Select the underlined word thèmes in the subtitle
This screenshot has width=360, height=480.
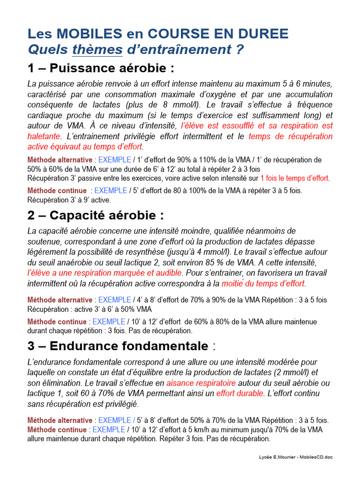click(x=97, y=49)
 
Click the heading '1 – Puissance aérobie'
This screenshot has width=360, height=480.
click(x=101, y=68)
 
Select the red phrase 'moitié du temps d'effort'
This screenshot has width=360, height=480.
click(x=263, y=284)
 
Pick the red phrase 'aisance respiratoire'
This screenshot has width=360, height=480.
click(x=201, y=383)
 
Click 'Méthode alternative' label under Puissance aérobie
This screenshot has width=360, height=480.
click(x=60, y=160)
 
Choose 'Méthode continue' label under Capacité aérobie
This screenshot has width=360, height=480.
click(x=57, y=322)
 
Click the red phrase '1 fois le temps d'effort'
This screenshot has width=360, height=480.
click(x=294, y=178)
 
